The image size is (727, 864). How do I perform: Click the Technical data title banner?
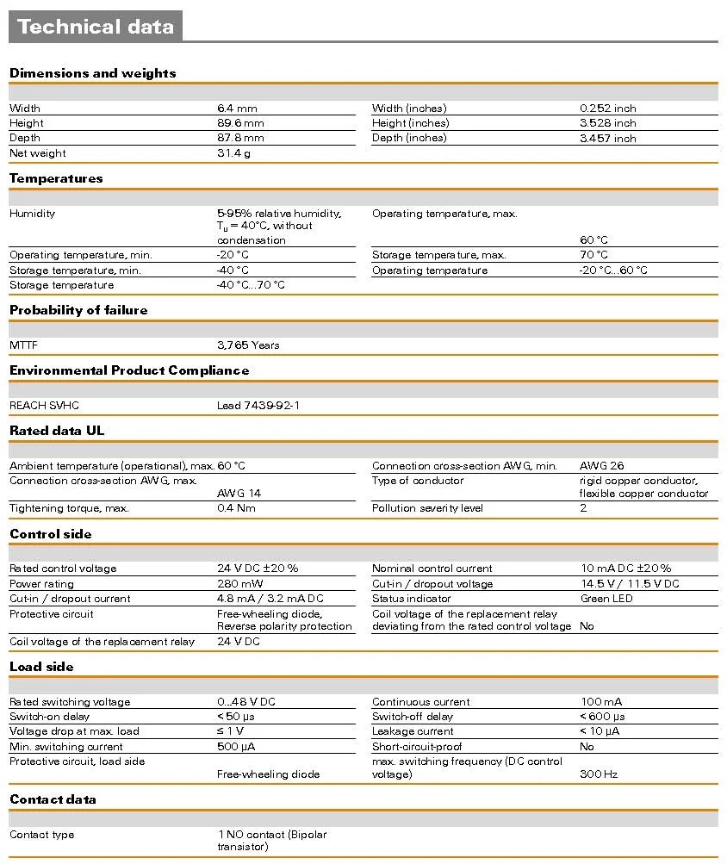coord(95,27)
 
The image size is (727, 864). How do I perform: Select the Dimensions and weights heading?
coord(92,73)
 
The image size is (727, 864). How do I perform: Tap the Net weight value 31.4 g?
coord(233,153)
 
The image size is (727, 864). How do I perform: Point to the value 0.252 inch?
coord(608,109)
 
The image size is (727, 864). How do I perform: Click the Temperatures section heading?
coord(56,178)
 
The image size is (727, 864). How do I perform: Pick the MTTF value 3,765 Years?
coord(248,345)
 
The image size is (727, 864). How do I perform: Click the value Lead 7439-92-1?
coord(258,406)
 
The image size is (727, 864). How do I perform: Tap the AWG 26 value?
coord(602,466)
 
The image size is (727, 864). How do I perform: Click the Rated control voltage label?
coord(63,569)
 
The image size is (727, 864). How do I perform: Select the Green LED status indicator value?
coord(607,599)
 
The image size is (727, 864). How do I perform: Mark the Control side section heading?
coord(51,534)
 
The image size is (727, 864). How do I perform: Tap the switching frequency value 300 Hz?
coord(599,774)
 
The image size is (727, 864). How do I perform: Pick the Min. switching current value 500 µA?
coord(236,747)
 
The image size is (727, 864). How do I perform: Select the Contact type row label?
coord(42,835)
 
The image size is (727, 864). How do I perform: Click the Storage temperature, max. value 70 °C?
coord(593,255)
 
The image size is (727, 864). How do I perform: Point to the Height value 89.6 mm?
coord(240,123)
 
